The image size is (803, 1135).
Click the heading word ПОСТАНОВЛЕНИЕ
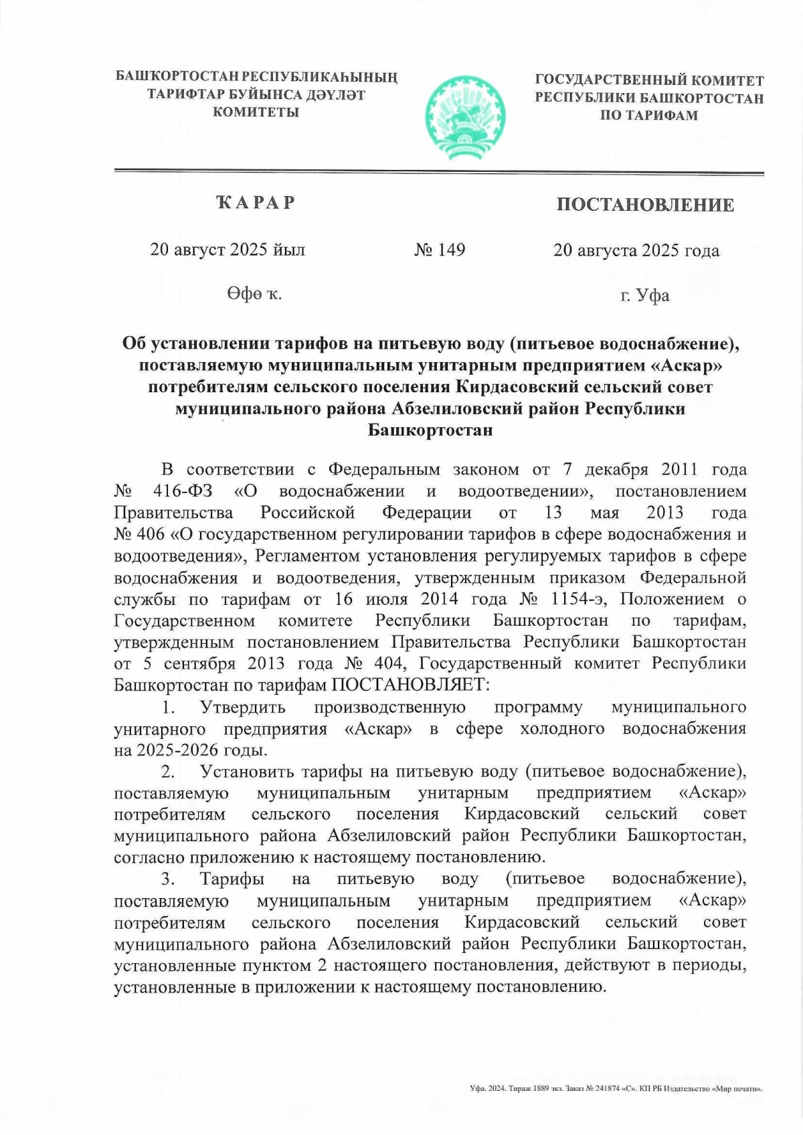coord(645,205)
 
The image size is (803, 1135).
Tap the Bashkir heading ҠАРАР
coord(256,202)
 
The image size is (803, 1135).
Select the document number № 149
coord(440,250)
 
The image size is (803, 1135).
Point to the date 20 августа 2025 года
coord(636,251)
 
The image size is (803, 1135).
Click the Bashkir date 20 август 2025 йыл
coord(228,250)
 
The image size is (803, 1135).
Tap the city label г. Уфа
coord(644,295)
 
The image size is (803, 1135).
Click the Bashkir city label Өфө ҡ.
coord(254,294)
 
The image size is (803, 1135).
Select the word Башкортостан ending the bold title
coord(430,430)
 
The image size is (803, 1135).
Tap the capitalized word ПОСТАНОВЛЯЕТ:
coord(411,685)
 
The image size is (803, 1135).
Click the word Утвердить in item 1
coord(242,707)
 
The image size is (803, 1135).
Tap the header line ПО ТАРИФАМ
coord(648,115)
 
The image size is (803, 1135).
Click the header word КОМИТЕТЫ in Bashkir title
coord(256,112)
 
